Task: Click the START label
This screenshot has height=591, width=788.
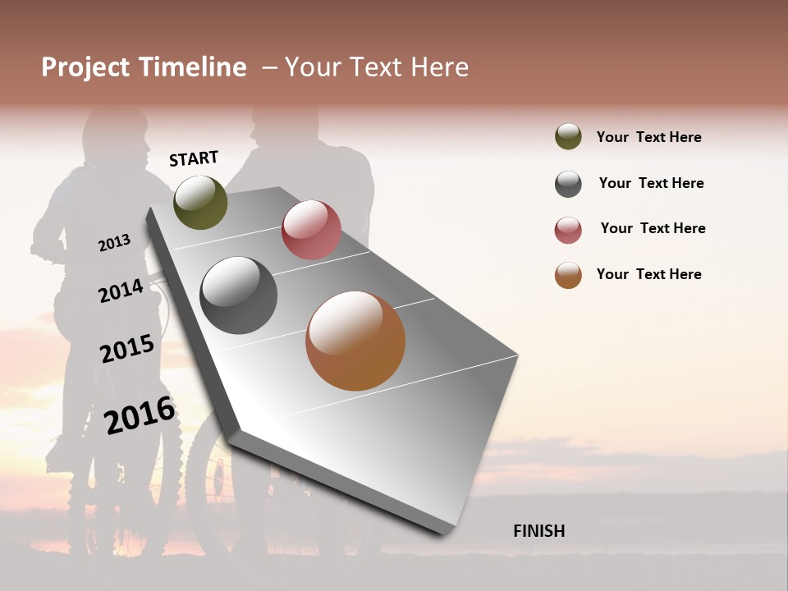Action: pyautogui.click(x=194, y=158)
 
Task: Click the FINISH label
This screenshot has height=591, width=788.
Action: pyautogui.click(x=538, y=531)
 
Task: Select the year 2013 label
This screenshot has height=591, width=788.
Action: pyautogui.click(x=114, y=243)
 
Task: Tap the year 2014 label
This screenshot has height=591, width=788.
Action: pyautogui.click(x=121, y=291)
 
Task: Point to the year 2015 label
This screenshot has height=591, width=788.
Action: pyautogui.click(x=127, y=349)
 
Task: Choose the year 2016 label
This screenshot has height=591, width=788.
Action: pyautogui.click(x=140, y=415)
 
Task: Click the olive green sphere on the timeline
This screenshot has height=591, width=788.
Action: pyautogui.click(x=200, y=202)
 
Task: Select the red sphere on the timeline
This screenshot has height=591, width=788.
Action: pyautogui.click(x=311, y=230)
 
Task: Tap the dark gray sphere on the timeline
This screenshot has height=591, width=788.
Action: pyautogui.click(x=239, y=295)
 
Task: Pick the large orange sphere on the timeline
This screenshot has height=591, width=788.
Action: pyautogui.click(x=355, y=341)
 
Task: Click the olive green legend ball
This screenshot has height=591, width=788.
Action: pyautogui.click(x=568, y=136)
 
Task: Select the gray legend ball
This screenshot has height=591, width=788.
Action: pyautogui.click(x=568, y=184)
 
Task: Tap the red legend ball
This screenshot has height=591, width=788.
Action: pyautogui.click(x=568, y=230)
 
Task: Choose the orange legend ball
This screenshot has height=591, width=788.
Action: pyautogui.click(x=568, y=275)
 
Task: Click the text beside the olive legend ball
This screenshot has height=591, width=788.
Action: pyautogui.click(x=648, y=137)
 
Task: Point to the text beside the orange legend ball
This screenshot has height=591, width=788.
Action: pyautogui.click(x=648, y=274)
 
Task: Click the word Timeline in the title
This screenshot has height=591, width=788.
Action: pyautogui.click(x=192, y=67)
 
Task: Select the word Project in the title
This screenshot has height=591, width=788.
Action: pyautogui.click(x=85, y=67)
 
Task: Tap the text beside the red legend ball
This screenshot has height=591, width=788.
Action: pyautogui.click(x=653, y=228)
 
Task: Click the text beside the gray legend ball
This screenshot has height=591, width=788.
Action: pyautogui.click(x=651, y=183)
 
